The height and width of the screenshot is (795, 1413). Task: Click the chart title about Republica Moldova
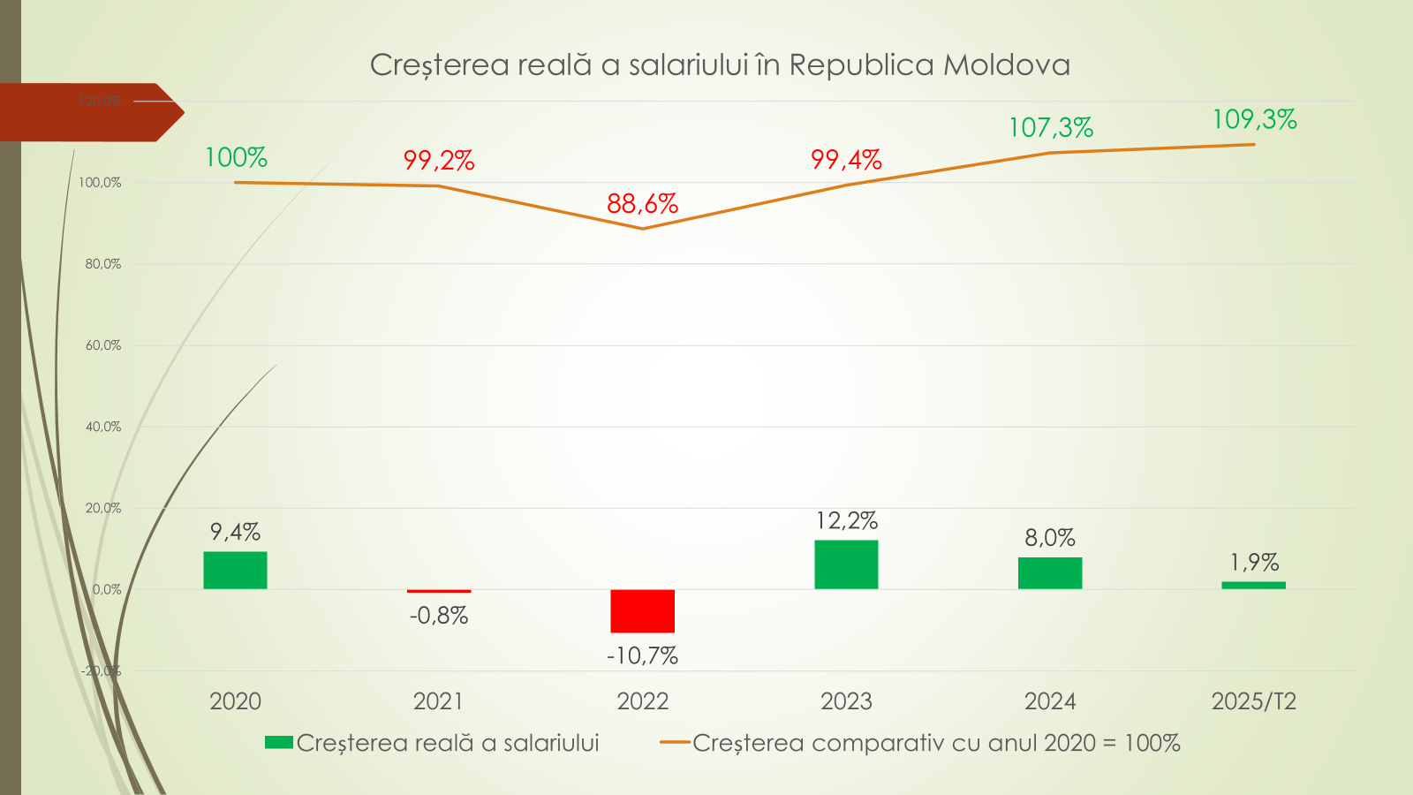(720, 65)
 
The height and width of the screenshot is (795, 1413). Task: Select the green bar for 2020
(235, 571)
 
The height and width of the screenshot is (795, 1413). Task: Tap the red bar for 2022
(642, 610)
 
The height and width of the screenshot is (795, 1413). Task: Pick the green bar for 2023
(846, 564)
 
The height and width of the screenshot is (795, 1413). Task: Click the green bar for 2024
(1049, 573)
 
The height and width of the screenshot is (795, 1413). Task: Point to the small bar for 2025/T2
(1253, 585)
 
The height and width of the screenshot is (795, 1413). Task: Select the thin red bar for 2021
(439, 591)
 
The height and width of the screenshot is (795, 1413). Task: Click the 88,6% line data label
(642, 204)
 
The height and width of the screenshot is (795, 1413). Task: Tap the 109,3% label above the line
(1254, 119)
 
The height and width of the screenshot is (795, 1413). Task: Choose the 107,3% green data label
(1051, 128)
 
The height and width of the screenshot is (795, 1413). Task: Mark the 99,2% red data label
(439, 161)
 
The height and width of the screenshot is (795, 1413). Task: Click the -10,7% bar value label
(642, 655)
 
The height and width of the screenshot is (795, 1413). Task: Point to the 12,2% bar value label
(846, 521)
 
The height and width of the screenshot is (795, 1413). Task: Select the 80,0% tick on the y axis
(103, 264)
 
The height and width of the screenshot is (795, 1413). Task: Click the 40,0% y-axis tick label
(103, 427)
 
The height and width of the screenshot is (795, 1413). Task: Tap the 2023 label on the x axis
(846, 701)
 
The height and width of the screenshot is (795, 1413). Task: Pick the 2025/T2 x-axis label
(1253, 701)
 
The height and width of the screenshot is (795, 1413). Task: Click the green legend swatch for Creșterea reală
(279, 743)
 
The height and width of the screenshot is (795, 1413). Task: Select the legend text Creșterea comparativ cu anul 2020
(936, 743)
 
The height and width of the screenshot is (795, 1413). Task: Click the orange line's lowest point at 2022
(642, 229)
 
